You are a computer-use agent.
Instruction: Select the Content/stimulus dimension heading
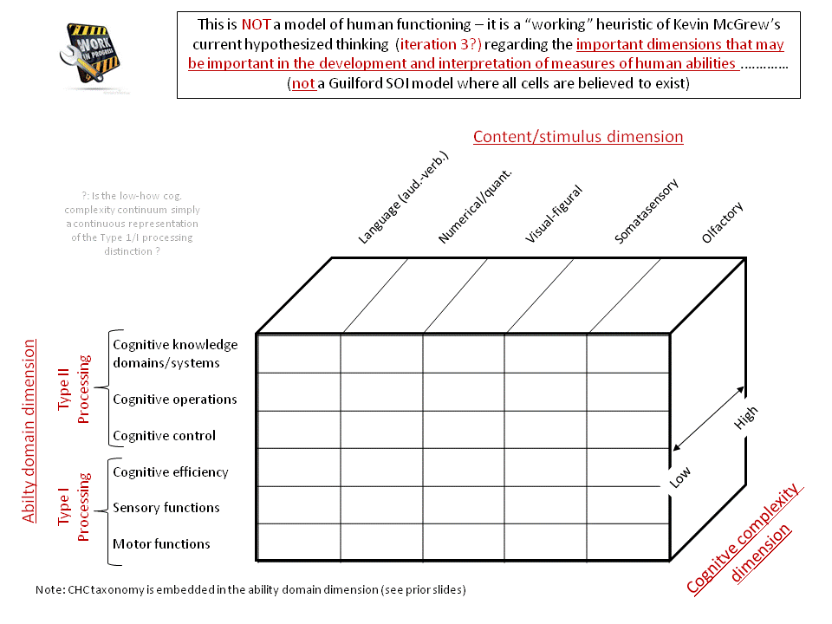(x=578, y=137)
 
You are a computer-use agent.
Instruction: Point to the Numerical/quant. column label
(x=475, y=205)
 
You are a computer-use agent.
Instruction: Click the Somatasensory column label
(x=646, y=211)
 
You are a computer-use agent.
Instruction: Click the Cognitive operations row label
(x=174, y=400)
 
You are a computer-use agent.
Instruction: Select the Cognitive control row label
(x=164, y=436)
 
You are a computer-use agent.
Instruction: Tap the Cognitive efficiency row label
(x=171, y=472)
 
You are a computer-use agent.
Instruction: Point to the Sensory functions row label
(x=166, y=508)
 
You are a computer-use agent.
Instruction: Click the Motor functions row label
(x=161, y=544)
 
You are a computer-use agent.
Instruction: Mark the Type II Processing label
(x=75, y=388)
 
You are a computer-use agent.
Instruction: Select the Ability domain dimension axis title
(x=29, y=431)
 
